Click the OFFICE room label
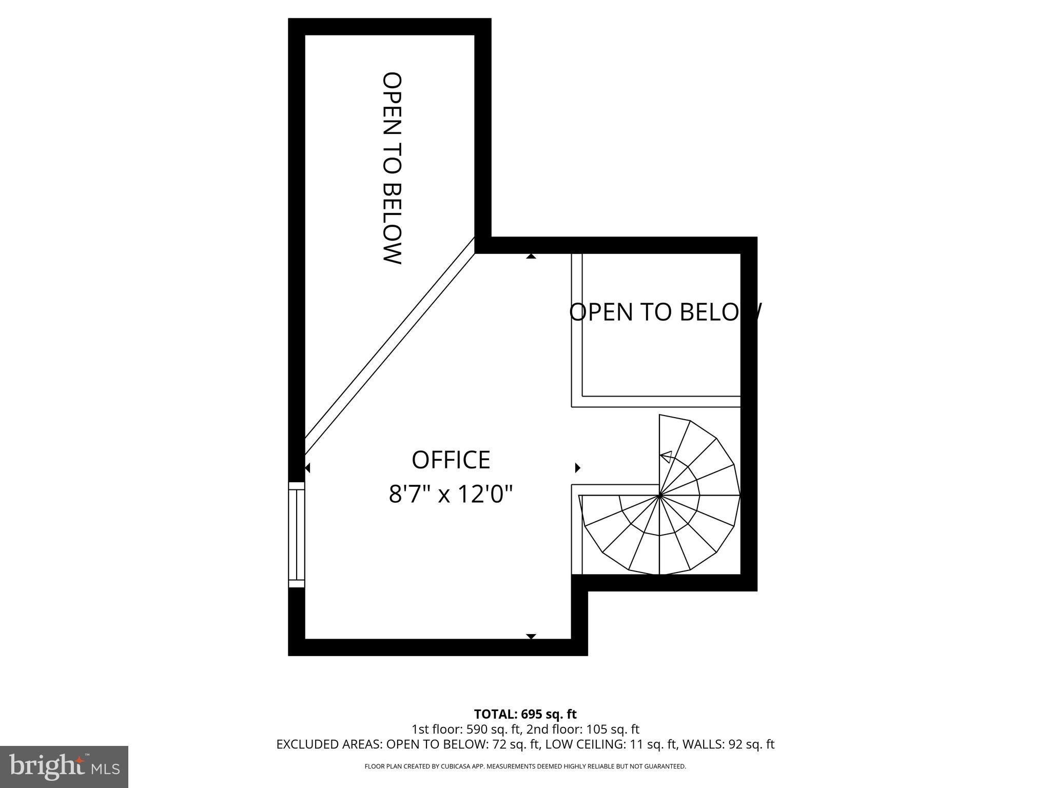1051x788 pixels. tap(451, 460)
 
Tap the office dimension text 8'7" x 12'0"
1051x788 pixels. tap(451, 495)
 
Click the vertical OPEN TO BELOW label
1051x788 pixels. tap(392, 168)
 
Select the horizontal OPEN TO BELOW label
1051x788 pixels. tap(665, 312)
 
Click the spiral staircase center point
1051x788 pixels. tap(659, 496)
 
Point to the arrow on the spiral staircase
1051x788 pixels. tap(666, 457)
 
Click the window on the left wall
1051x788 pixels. tap(297, 534)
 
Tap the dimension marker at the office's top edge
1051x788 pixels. tap(531, 256)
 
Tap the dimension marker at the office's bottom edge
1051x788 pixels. tap(531, 636)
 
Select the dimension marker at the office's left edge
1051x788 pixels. tap(307, 468)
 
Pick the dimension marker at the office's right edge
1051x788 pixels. tap(577, 468)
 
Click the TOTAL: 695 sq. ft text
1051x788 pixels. tap(525, 714)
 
